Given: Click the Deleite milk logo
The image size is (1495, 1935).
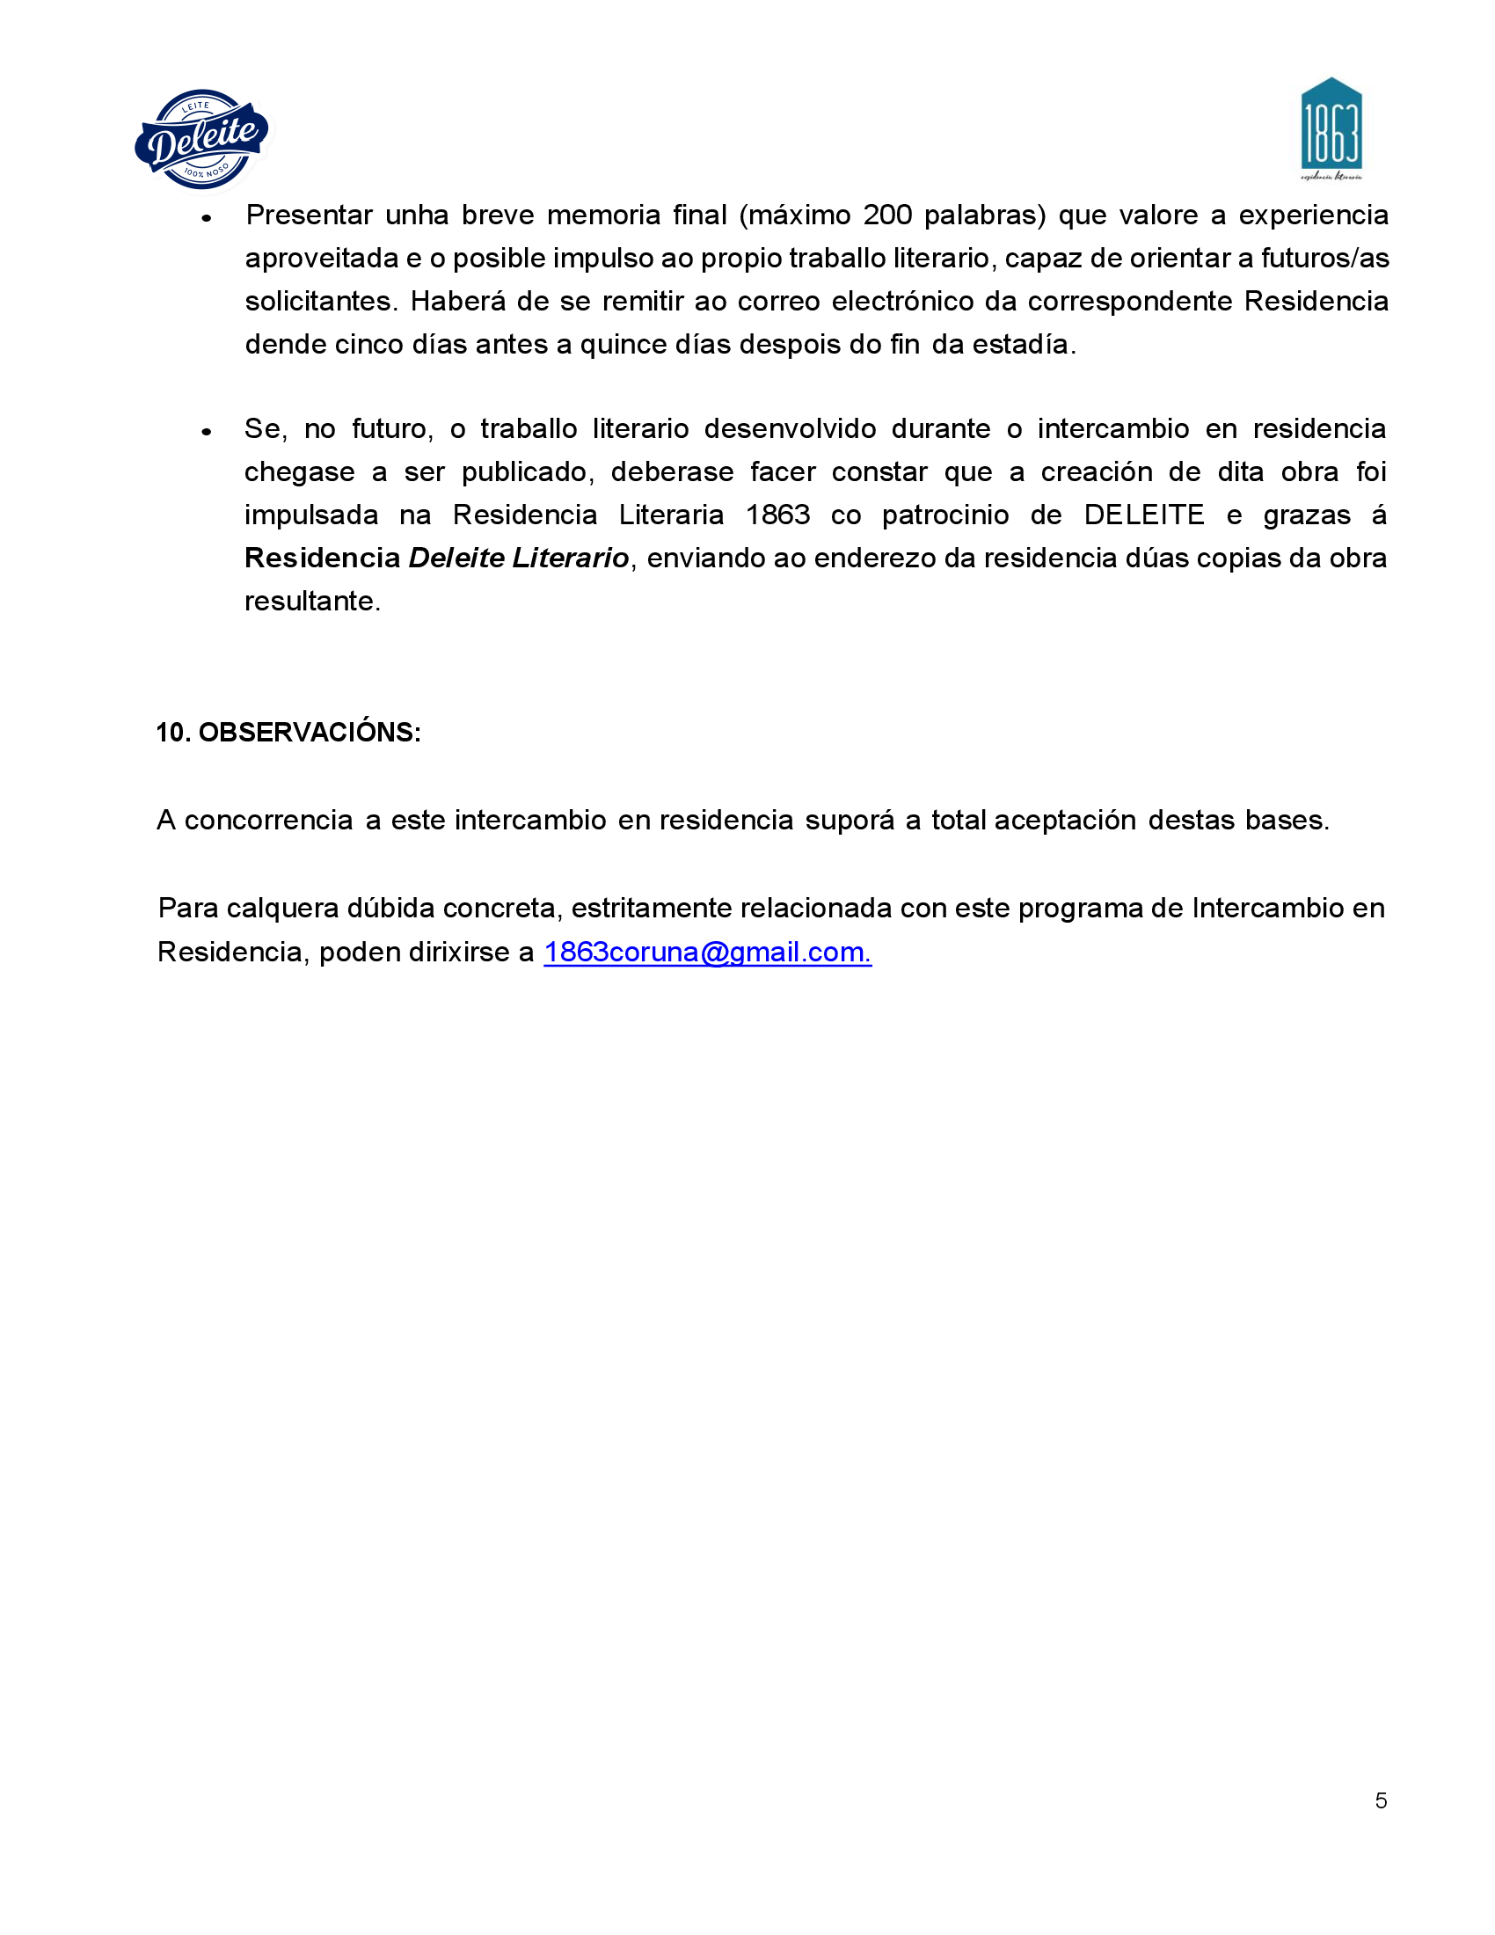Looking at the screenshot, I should tap(202, 139).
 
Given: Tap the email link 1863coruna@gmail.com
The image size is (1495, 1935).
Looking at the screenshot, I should tap(707, 952).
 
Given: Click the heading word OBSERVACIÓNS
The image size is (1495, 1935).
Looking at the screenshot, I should tap(309, 732).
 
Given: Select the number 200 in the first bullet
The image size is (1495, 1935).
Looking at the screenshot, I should tap(887, 215).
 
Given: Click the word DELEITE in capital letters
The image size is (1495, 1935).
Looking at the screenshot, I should tap(1143, 515).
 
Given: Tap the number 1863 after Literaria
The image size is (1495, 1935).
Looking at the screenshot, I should tap(777, 515).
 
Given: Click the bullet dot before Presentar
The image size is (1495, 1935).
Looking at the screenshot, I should tap(207, 218).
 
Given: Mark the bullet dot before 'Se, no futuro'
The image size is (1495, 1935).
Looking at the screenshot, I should tap(207, 432).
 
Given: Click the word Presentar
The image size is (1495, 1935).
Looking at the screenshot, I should tap(309, 215).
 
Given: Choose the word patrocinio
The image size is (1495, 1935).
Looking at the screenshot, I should tap(945, 515).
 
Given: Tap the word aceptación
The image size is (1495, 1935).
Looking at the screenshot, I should tap(1065, 821).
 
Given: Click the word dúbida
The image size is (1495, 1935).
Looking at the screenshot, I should tap(390, 909).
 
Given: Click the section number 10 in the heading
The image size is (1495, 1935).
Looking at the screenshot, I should tap(171, 732).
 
